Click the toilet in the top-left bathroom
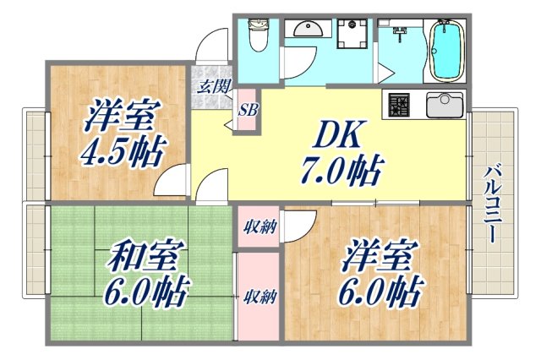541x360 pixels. pyautogui.click(x=258, y=36)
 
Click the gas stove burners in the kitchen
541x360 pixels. pyautogui.click(x=399, y=105)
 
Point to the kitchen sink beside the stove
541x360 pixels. pyautogui.click(x=442, y=104)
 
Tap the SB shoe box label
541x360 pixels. pyautogui.click(x=247, y=108)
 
